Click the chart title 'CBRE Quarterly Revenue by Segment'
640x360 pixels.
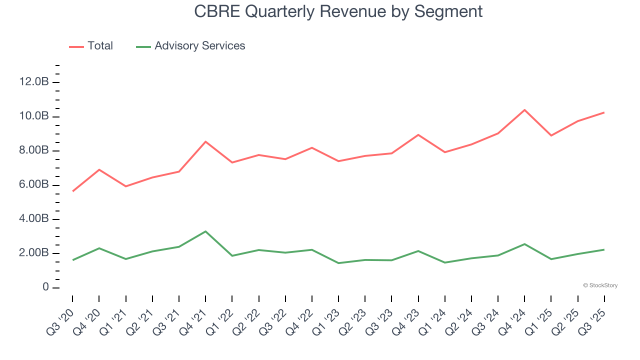[338, 11]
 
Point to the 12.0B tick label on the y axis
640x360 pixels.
[34, 82]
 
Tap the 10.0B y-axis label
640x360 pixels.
[34, 116]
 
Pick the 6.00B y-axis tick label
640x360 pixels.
[34, 185]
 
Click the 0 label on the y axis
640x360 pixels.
[45, 287]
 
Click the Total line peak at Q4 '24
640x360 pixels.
[524, 110]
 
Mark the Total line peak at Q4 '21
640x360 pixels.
[205, 141]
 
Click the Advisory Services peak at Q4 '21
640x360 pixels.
[205, 231]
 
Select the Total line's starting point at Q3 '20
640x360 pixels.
[72, 191]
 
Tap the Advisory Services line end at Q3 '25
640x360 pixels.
[604, 249]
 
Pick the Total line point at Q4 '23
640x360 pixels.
[418, 135]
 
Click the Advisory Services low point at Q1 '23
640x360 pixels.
[338, 263]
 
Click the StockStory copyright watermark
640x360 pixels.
[600, 285]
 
